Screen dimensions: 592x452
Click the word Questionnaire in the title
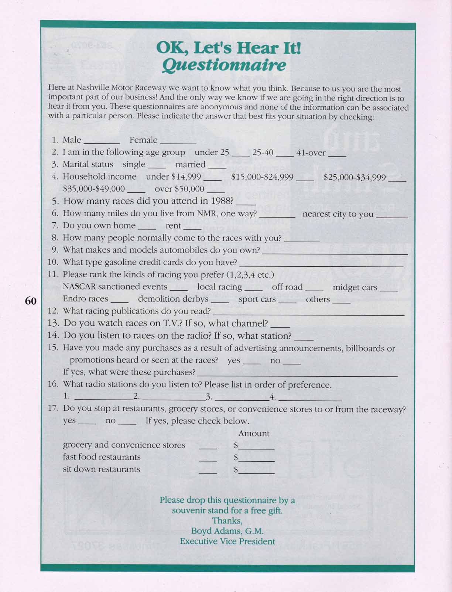click(x=224, y=65)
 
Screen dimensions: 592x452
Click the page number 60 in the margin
click(x=30, y=301)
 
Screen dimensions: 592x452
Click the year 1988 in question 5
click(x=222, y=201)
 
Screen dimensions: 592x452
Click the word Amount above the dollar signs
click(x=254, y=433)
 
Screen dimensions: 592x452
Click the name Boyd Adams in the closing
click(x=215, y=531)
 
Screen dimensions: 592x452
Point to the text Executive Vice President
click(x=227, y=541)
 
